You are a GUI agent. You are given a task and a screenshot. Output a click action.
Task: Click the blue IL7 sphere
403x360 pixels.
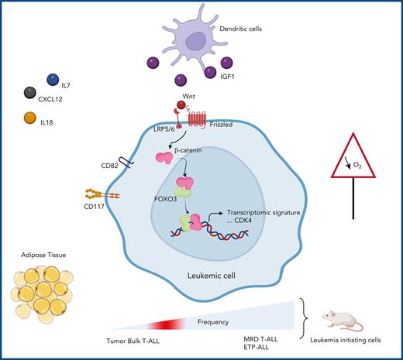tap(53, 80)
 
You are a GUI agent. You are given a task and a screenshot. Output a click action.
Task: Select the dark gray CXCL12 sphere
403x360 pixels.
tap(32, 94)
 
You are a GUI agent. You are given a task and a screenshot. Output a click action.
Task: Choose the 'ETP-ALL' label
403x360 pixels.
tap(263, 350)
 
